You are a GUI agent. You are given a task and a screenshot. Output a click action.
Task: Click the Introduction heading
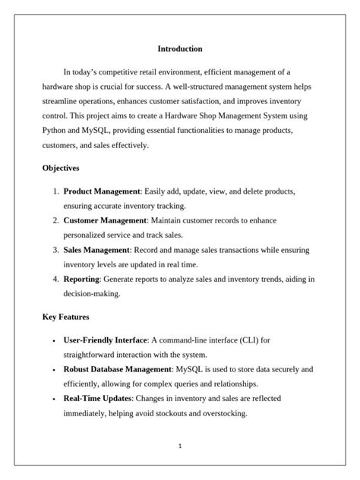click(180, 49)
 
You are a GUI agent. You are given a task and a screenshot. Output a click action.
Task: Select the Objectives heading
click(60, 167)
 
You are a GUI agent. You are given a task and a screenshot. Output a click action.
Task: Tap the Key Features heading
click(65, 316)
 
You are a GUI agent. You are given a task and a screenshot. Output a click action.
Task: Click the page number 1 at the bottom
click(180, 446)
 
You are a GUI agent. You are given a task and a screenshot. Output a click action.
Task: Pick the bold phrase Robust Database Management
click(117, 369)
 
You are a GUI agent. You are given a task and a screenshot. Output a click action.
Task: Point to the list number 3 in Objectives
click(55, 249)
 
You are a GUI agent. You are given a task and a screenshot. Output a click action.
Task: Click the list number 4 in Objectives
click(55, 279)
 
